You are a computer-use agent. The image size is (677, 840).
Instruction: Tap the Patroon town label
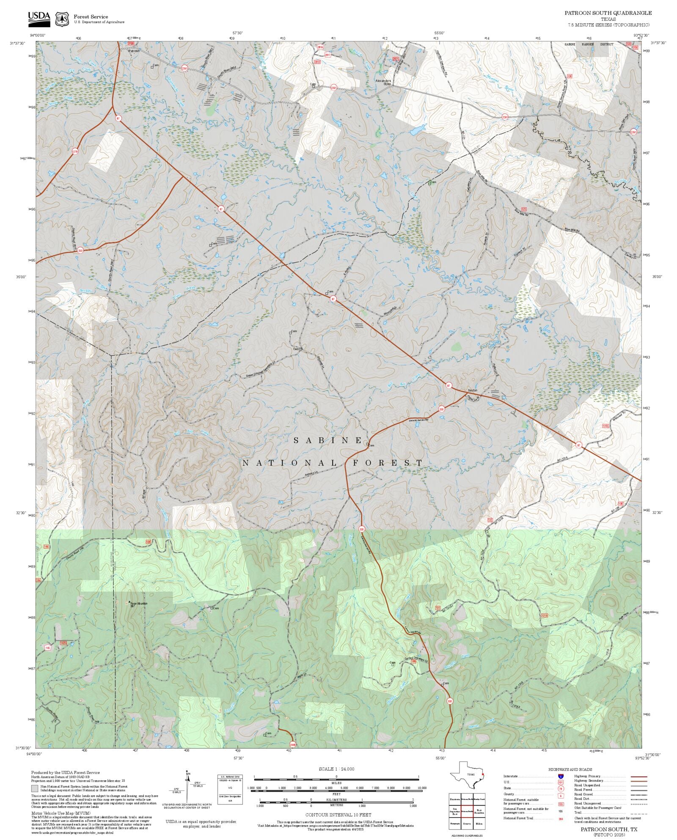pyautogui.click(x=134, y=51)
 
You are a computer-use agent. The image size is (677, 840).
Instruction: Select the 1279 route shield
pyautogui.click(x=75, y=151)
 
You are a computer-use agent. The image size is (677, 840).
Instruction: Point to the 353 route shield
pyautogui.click(x=80, y=250)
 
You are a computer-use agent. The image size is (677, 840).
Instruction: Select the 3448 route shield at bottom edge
pyautogui.click(x=293, y=744)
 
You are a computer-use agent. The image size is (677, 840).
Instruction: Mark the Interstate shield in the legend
pyautogui.click(x=561, y=777)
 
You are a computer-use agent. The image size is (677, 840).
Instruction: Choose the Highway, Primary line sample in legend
pyautogui.click(x=639, y=777)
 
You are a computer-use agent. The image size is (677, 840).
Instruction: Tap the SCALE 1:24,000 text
pyautogui.click(x=336, y=769)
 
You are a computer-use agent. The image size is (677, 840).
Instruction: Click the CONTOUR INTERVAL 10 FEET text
pyautogui.click(x=338, y=814)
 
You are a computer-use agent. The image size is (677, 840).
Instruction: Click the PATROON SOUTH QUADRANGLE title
pyautogui.click(x=608, y=13)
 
